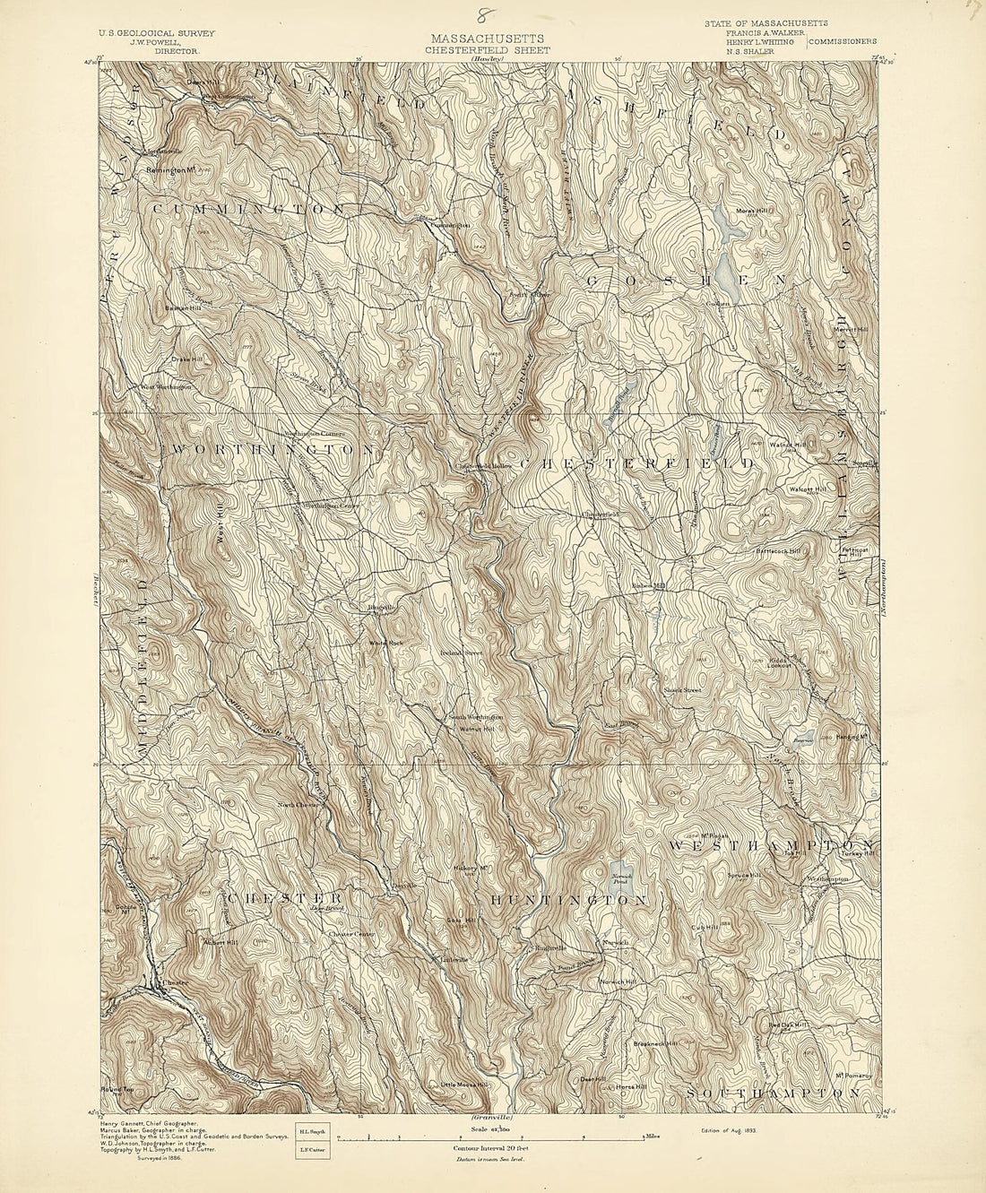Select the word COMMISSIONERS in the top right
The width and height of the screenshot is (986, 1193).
843,41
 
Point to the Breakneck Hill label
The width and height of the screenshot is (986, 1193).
654,1044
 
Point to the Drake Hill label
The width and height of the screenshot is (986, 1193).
187,359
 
